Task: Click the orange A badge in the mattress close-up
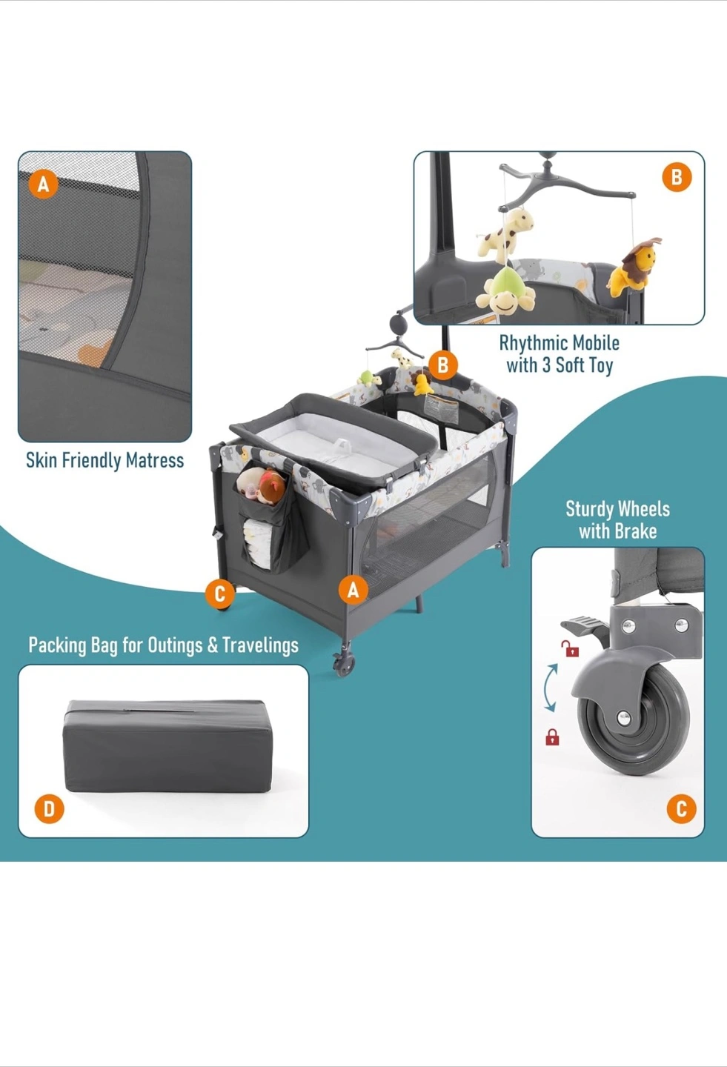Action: [x=44, y=183]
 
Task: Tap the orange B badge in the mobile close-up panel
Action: [x=676, y=178]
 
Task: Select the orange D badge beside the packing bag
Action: [x=49, y=808]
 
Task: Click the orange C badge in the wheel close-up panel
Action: [x=681, y=808]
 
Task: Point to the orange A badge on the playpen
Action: [x=353, y=590]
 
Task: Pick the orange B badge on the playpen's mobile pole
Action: [x=442, y=365]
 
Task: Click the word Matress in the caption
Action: [x=154, y=461]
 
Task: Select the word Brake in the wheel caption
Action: [x=634, y=531]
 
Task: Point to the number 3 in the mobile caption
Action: [x=546, y=365]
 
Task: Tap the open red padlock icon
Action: [x=570, y=649]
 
